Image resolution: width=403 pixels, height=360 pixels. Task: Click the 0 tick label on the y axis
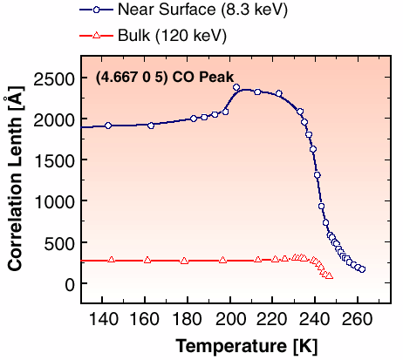tap(68, 284)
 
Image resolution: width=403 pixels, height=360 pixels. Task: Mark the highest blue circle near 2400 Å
tap(236, 87)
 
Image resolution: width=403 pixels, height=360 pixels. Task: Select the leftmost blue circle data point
tap(108, 126)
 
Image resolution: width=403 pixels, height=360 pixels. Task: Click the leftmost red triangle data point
tap(111, 260)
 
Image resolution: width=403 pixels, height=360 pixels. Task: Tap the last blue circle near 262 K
tap(362, 269)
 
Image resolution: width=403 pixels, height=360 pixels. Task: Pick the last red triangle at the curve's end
tap(329, 275)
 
